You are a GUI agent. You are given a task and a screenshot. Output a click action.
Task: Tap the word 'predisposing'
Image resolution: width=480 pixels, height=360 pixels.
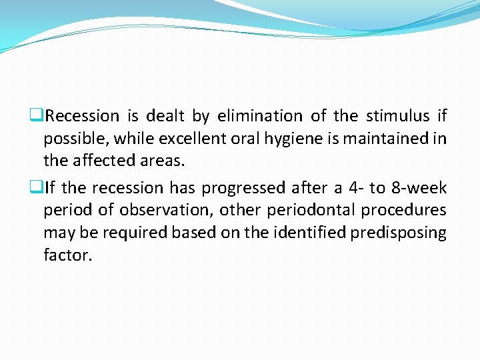pos(401,233)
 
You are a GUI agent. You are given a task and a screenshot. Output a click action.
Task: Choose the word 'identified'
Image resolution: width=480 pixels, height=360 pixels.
pos(313,233)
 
